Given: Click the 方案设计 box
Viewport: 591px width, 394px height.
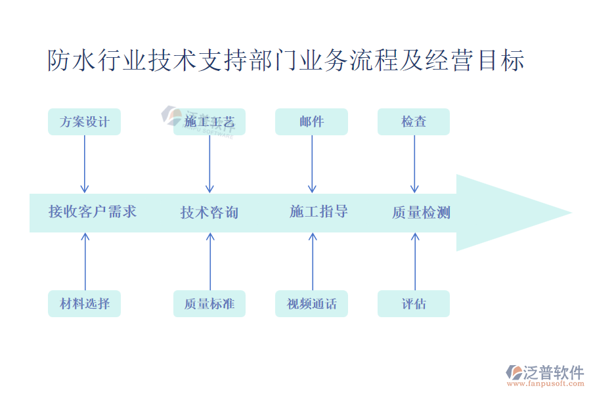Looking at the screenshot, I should pos(84,121).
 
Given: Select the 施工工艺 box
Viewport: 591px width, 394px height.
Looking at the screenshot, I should pos(209,121).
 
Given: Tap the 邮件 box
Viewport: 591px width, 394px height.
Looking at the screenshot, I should pos(311,121).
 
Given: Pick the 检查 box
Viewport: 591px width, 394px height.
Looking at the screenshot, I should pos(414,121).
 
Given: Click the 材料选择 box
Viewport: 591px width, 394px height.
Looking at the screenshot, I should pos(84,303).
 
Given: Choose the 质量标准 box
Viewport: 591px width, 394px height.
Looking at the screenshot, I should pos(209,303).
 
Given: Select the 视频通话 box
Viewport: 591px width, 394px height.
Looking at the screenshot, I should pos(311,303).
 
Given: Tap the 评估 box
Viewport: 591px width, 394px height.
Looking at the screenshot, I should pos(414,303).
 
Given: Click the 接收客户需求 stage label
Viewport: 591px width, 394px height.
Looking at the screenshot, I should pos(93,211).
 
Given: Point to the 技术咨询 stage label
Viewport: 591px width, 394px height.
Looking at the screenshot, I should pos(209,212).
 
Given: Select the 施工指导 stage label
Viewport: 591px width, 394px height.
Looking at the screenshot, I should pos(318,211).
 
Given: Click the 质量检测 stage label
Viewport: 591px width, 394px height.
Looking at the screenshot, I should pos(421,212).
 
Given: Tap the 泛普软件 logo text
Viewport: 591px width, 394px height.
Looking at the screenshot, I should pos(553,372).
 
